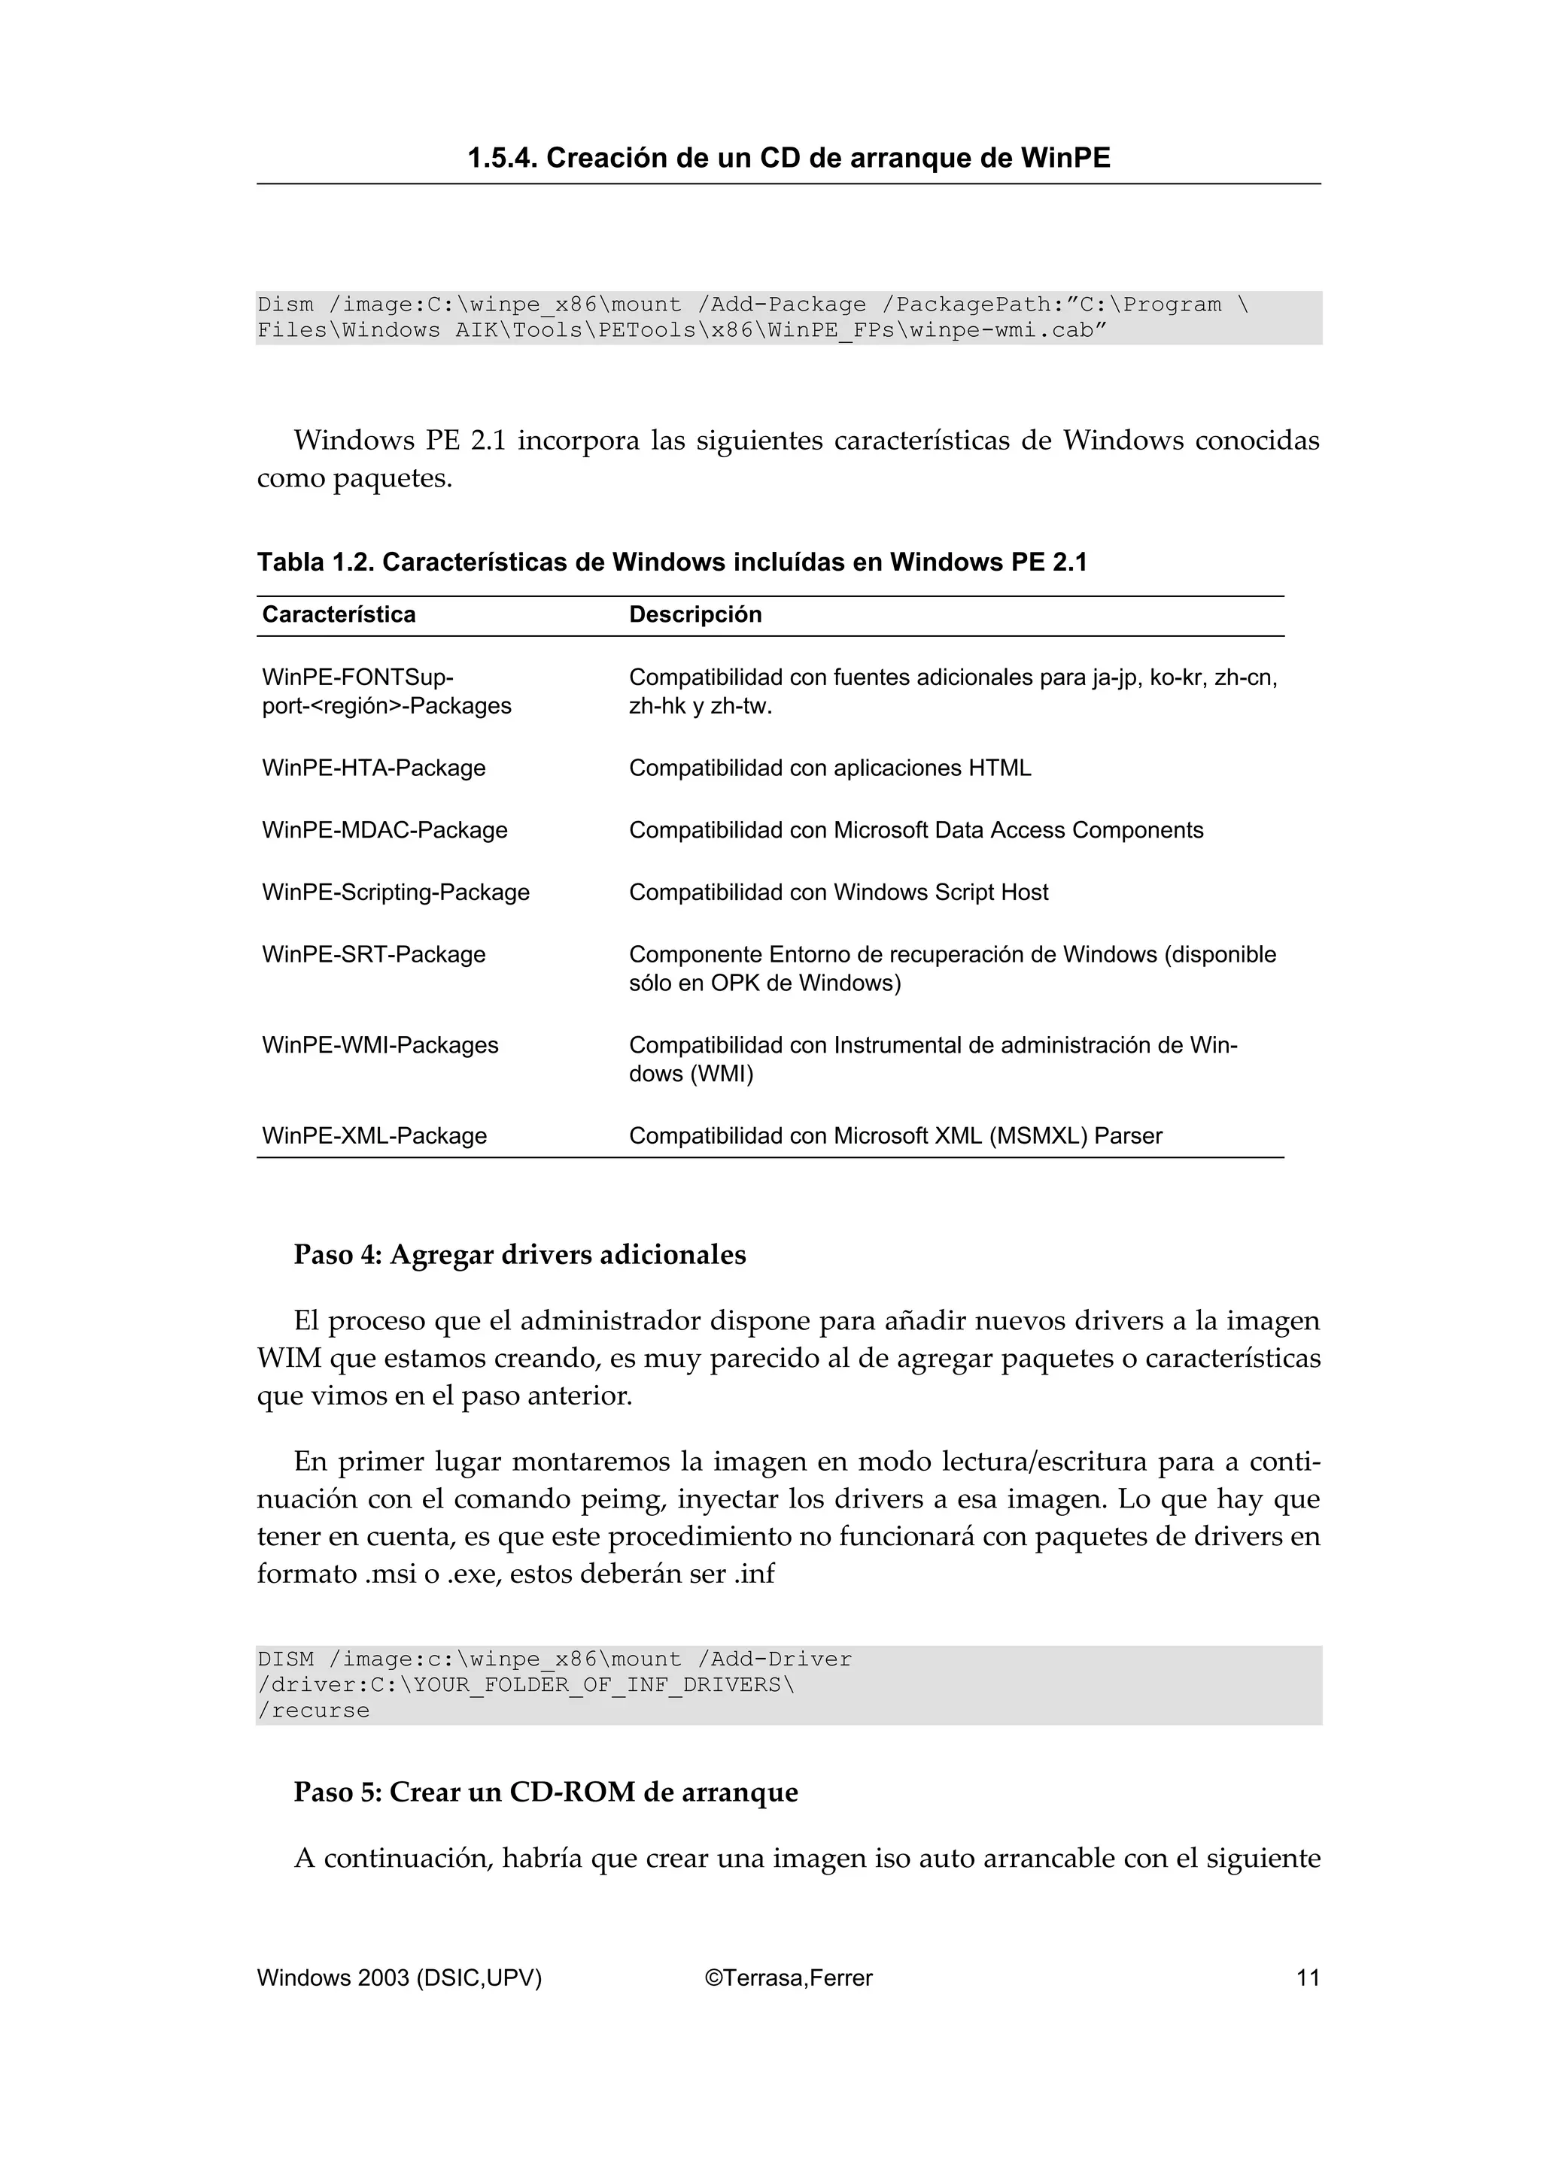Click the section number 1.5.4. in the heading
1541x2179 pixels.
click(503, 158)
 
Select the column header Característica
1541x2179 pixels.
click(339, 614)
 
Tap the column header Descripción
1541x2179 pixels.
click(695, 614)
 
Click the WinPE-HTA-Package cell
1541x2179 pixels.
click(373, 768)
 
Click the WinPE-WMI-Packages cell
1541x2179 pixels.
click(380, 1045)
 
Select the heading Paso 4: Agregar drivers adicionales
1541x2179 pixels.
click(519, 1255)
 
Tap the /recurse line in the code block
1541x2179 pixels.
click(313, 1711)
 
